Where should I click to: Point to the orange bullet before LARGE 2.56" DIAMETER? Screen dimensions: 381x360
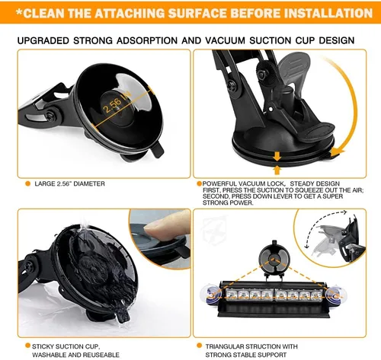coord(27,183)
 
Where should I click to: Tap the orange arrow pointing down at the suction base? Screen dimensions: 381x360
coord(277,156)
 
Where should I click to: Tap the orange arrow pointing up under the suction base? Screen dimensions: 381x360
coord(277,170)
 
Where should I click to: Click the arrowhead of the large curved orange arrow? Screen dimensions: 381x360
coord(337,152)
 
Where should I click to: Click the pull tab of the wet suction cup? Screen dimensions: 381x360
coord(123,316)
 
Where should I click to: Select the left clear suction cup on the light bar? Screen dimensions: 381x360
coord(211,295)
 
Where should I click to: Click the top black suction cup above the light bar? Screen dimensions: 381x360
coord(274,259)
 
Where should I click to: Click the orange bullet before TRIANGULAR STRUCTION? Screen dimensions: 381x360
coord(199,346)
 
